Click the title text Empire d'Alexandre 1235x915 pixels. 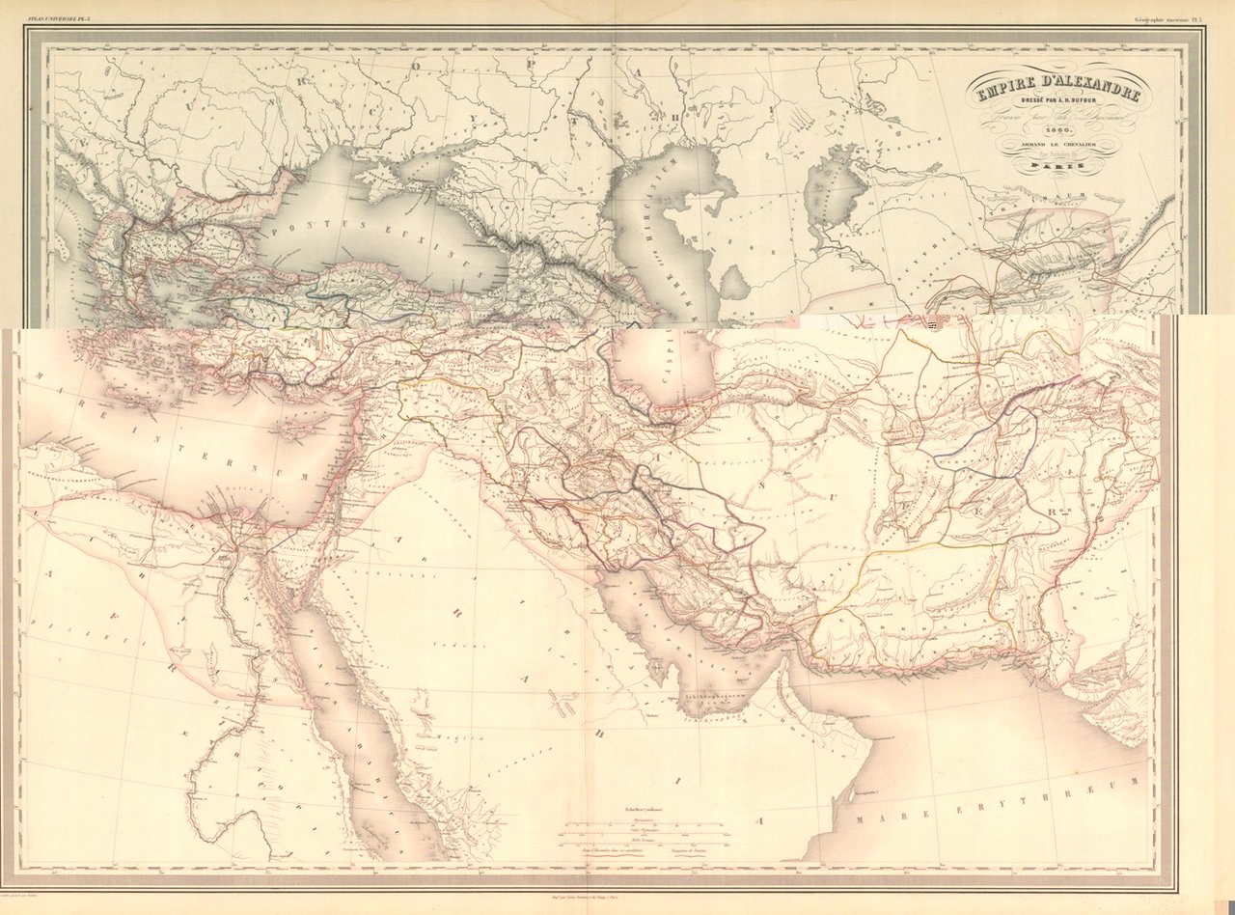tap(1058, 95)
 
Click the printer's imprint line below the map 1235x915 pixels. tap(617, 897)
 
